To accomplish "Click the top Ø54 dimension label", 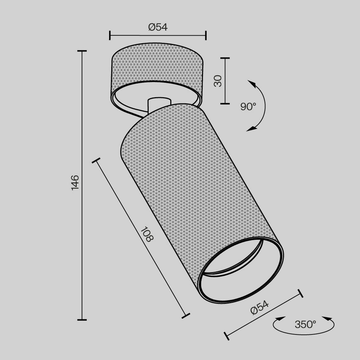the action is coord(158,27).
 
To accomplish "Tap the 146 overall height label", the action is coord(75,182).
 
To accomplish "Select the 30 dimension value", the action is coord(217,81).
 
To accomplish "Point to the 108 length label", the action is coord(147,234).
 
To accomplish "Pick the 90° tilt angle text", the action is coord(248,106).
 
